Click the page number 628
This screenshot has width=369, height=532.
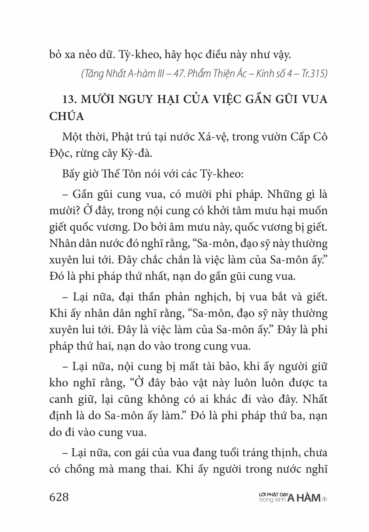coord(59,497)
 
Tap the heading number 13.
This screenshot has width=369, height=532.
coord(70,100)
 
